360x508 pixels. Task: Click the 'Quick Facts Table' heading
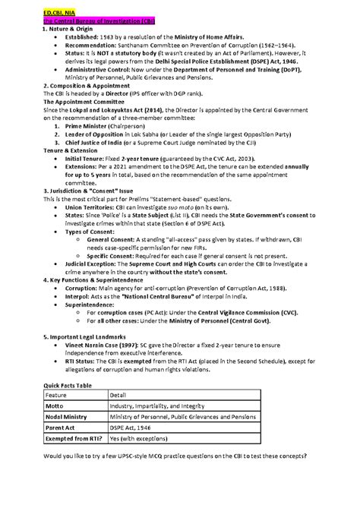[66, 385]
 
